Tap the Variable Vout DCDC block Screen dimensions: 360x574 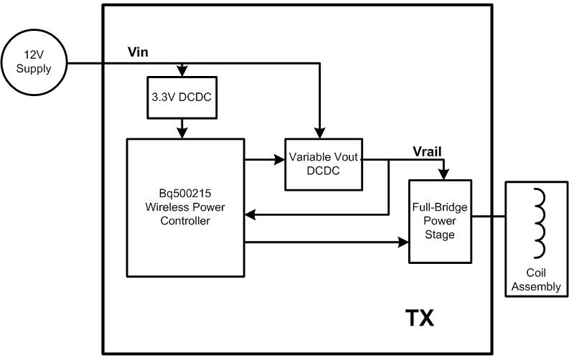click(x=323, y=163)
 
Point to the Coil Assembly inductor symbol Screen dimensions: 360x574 click(x=537, y=222)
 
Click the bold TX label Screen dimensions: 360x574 click(x=420, y=318)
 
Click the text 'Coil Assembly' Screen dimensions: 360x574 click(x=537, y=280)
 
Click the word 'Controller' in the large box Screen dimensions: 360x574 click(x=187, y=221)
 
